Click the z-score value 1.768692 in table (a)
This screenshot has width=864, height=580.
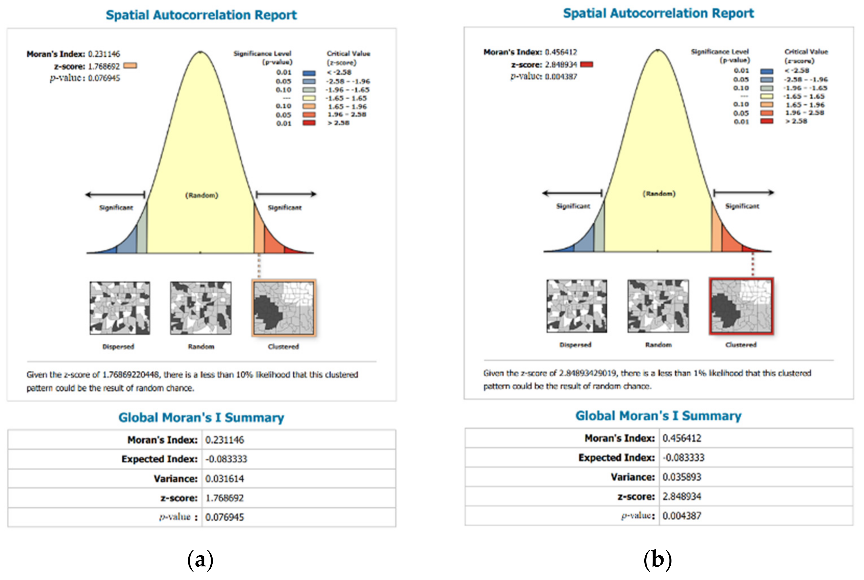pos(224,498)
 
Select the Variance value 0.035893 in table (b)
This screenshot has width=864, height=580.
pos(682,477)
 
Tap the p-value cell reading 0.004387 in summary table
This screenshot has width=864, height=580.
pos(682,516)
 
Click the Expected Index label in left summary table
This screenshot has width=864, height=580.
pos(159,459)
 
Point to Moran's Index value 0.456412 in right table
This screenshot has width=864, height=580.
pos(682,438)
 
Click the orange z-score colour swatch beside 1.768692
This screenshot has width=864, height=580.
pos(130,66)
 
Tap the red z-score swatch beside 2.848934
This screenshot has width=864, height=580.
pos(587,64)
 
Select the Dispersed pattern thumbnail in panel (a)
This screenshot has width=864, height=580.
pos(120,308)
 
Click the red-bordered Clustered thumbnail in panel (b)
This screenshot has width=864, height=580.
pos(741,306)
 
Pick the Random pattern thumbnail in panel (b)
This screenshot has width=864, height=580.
pos(658,306)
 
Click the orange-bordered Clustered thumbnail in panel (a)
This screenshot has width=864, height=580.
pos(284,308)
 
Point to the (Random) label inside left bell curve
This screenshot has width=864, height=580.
pos(202,195)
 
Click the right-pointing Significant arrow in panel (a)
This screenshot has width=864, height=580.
pos(286,194)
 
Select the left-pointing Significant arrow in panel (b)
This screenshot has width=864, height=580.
pos(572,193)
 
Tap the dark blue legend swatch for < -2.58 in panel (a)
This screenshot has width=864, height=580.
pos(309,73)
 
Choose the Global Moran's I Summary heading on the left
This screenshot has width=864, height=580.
pos(201,418)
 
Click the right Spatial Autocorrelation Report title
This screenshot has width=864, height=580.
pos(658,13)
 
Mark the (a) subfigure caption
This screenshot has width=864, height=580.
pos(200,560)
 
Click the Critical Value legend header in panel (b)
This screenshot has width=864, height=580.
pos(806,56)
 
